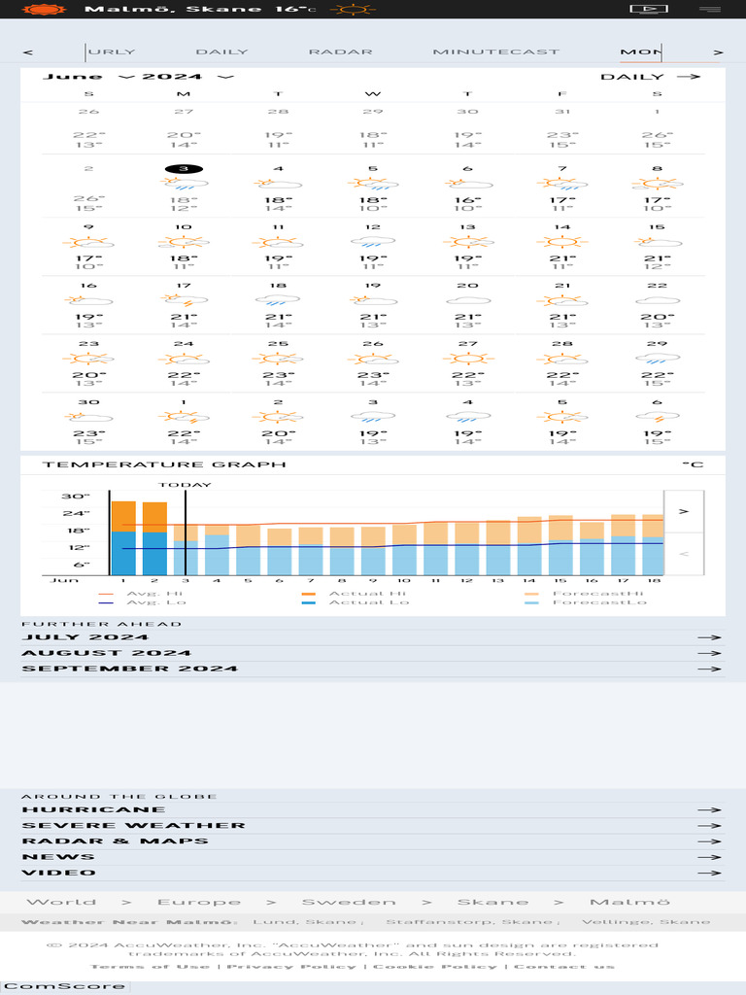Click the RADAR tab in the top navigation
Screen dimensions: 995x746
click(340, 51)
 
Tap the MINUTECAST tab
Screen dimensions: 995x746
click(495, 51)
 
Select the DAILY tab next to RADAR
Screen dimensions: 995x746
click(221, 51)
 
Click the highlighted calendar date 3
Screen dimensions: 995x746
click(184, 168)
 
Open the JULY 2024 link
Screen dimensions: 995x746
click(85, 637)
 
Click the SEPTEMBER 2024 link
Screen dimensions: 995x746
click(129, 669)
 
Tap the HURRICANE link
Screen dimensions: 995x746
click(93, 809)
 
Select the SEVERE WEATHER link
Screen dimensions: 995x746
click(133, 825)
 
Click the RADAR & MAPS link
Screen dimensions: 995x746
click(115, 841)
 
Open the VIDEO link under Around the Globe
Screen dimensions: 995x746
click(57, 873)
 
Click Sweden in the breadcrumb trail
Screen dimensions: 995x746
click(349, 902)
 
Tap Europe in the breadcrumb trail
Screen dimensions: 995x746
click(199, 902)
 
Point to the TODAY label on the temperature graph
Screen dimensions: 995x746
click(185, 484)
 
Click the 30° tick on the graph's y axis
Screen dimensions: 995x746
click(76, 497)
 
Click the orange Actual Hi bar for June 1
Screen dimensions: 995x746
click(123, 516)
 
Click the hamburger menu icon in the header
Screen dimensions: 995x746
click(710, 9)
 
